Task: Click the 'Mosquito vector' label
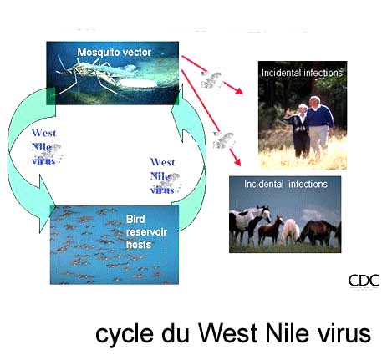[x=115, y=53]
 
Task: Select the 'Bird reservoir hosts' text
[x=146, y=231]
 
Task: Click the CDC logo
[x=364, y=281]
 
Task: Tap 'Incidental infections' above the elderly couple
[x=302, y=73]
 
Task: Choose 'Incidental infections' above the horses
[x=286, y=184]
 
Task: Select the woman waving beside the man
[x=298, y=130]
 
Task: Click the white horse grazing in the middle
[x=290, y=231]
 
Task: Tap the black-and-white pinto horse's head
[x=265, y=214]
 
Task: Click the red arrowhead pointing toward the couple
[x=238, y=90]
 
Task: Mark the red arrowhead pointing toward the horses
[x=237, y=161]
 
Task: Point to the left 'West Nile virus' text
[x=43, y=147]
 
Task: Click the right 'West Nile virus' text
[x=163, y=176]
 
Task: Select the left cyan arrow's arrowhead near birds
[x=47, y=204]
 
